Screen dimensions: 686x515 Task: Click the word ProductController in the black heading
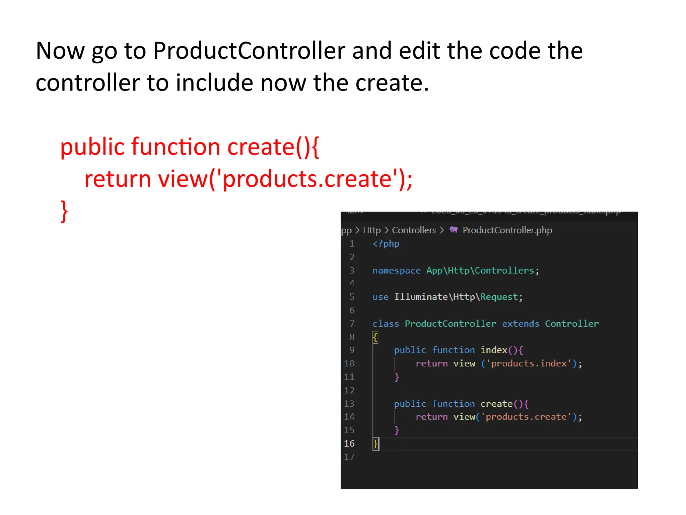pyautogui.click(x=249, y=51)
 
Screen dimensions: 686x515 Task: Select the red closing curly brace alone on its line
pyautogui.click(x=64, y=211)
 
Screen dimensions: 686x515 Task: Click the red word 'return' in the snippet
pyautogui.click(x=117, y=179)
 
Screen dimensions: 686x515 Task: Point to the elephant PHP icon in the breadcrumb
pyautogui.click(x=454, y=230)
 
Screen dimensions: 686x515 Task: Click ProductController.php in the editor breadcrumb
pyautogui.click(x=507, y=230)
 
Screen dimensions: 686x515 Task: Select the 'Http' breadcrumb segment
pyautogui.click(x=372, y=230)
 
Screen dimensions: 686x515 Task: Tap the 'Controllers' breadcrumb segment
pyautogui.click(x=414, y=230)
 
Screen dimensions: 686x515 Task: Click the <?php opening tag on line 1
pyautogui.click(x=386, y=244)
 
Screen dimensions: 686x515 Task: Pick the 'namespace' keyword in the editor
pyautogui.click(x=396, y=271)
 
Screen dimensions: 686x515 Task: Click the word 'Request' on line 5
pyautogui.click(x=499, y=297)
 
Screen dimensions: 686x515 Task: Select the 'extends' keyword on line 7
pyautogui.click(x=520, y=324)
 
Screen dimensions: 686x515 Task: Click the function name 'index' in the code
pyautogui.click(x=494, y=350)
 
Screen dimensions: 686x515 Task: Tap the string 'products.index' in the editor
pyautogui.click(x=529, y=364)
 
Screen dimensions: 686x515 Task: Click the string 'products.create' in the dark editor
pyautogui.click(x=526, y=417)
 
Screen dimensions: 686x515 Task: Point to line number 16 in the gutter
pyautogui.click(x=349, y=444)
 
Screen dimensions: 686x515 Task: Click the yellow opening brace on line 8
pyautogui.click(x=375, y=337)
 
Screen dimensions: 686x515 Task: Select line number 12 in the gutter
pyautogui.click(x=349, y=391)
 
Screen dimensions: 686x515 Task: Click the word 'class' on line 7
pyautogui.click(x=386, y=324)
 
